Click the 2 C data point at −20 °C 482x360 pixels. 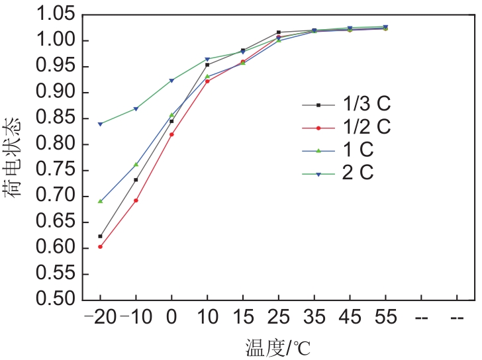point(101,124)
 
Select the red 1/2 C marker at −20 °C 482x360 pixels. point(101,247)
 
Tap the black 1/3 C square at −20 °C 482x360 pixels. point(101,236)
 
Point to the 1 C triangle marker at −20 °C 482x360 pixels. point(101,201)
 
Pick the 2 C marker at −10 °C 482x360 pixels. point(136,109)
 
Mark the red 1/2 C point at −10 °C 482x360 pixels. point(136,201)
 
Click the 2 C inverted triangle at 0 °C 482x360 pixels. point(171,81)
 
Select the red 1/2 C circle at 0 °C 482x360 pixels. point(171,134)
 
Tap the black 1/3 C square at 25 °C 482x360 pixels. point(279,32)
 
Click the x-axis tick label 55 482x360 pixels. point(385,318)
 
